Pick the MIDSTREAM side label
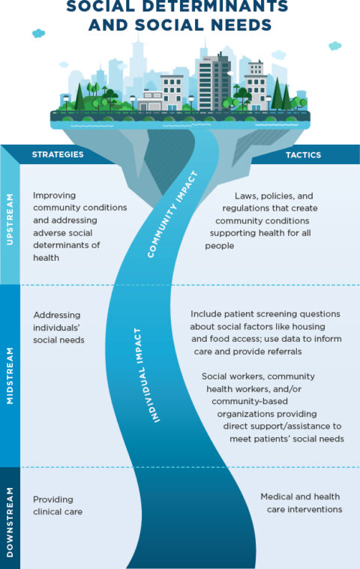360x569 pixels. [x=10, y=376]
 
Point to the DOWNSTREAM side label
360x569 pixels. [x=10, y=518]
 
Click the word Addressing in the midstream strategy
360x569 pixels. [x=57, y=315]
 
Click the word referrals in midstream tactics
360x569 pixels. [x=280, y=351]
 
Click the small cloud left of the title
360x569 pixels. [x=38, y=33]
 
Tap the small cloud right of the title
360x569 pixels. [x=335, y=46]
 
